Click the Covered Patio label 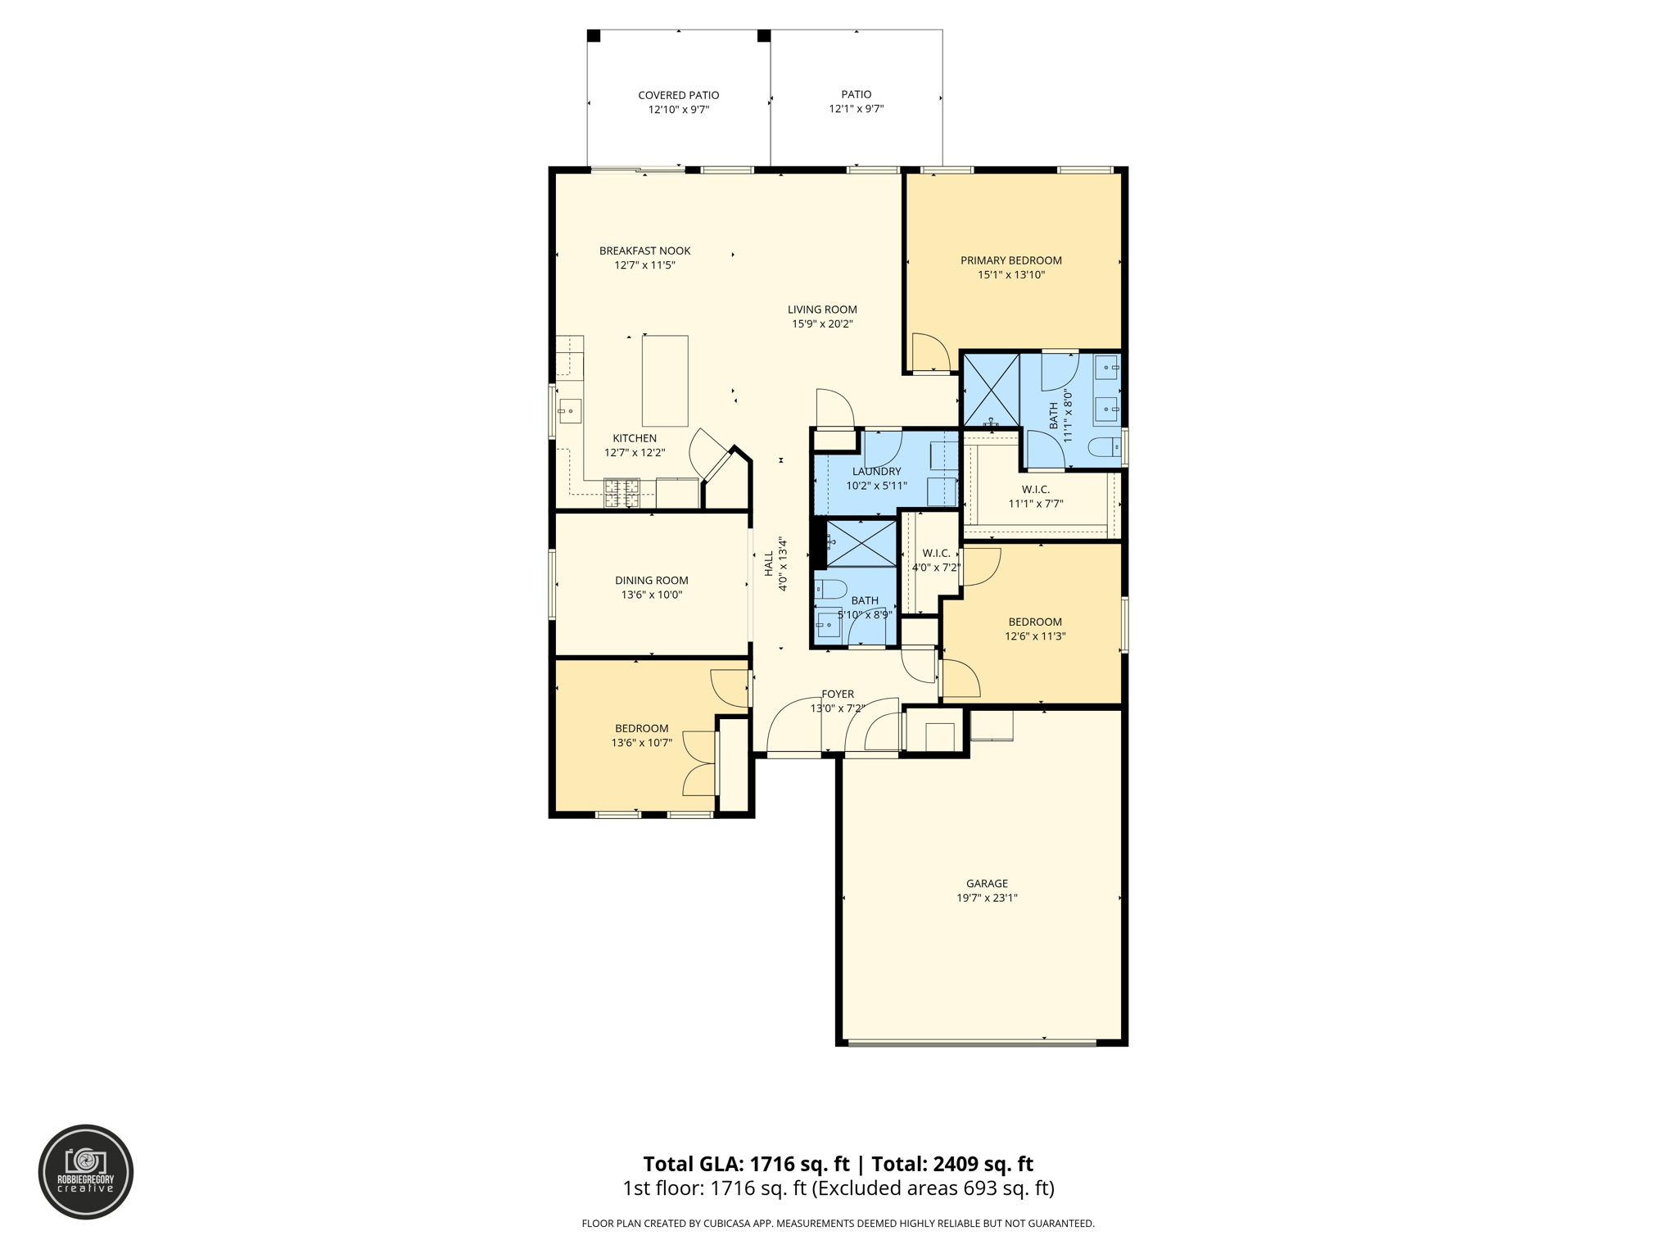678,95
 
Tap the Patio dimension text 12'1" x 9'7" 856,109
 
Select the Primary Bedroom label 1010,260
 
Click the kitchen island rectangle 664,381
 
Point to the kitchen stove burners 622,493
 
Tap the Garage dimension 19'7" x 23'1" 987,898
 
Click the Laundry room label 876,471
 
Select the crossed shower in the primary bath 991,390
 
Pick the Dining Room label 651,580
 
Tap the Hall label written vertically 769,563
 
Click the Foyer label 837,694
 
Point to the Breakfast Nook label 644,251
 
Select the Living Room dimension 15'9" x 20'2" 822,324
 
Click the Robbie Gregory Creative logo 86,1171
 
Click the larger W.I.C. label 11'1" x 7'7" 1035,490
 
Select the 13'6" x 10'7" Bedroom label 641,728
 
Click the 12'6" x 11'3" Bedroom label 1035,622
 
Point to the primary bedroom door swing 929,352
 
